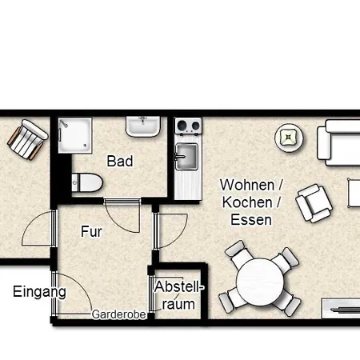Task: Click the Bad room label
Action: click(120, 161)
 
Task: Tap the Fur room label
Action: click(91, 232)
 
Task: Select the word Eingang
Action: click(39, 292)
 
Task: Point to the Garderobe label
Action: click(118, 314)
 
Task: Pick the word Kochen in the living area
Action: click(245, 202)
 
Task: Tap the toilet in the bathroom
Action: click(86, 182)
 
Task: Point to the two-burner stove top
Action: click(187, 125)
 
